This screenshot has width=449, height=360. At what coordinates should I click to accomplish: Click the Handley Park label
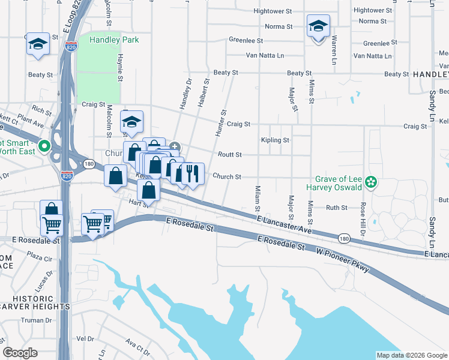[x=114, y=40]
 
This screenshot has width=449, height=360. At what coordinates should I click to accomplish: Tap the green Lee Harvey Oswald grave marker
[x=372, y=181]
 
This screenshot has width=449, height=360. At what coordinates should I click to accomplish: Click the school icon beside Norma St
[x=318, y=26]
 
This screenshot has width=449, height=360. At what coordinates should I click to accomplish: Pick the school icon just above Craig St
[x=131, y=122]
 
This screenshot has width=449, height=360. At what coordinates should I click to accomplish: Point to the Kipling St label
[x=275, y=140]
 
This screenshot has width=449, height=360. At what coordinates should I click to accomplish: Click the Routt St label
[x=229, y=155]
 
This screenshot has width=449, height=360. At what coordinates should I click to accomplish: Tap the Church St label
[x=227, y=177]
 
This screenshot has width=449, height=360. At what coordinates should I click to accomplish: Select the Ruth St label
[x=336, y=208]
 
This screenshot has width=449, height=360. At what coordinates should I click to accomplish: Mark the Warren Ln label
[x=334, y=51]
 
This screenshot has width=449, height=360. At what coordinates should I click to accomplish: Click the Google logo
[x=20, y=352]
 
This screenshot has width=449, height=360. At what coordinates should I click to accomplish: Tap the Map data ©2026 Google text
[x=412, y=355]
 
